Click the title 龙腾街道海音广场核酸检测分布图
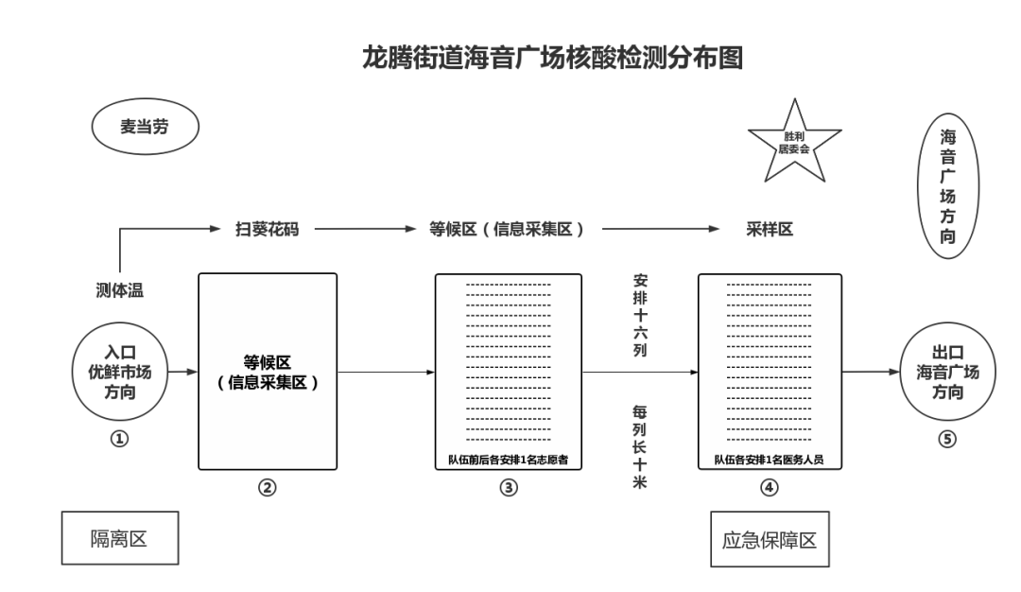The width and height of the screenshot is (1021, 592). click(552, 58)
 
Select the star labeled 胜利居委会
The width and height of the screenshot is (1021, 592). click(794, 142)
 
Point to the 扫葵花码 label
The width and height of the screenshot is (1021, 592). click(267, 229)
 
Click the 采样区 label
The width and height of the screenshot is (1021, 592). click(770, 229)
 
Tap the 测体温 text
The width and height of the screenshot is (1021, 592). click(120, 290)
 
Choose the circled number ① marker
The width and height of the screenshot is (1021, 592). click(119, 439)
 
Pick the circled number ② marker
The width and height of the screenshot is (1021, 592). click(267, 487)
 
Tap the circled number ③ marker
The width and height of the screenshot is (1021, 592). click(509, 487)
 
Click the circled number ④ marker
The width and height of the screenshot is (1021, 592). click(769, 487)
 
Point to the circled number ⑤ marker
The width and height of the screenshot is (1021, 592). click(947, 439)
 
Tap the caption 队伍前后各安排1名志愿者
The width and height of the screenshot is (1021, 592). click(508, 460)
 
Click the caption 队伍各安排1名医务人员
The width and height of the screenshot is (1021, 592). click(769, 460)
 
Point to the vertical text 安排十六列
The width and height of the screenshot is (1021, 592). click(641, 315)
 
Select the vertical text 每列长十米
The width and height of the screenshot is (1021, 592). click(639, 446)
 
